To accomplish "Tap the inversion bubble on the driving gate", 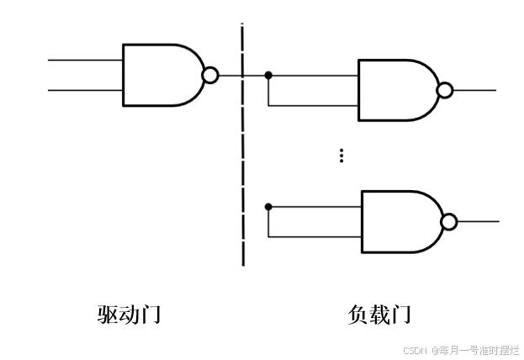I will click(x=210, y=76).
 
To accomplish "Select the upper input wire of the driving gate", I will click(x=85, y=61).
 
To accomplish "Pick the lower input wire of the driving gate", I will click(x=85, y=89).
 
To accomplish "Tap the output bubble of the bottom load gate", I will click(x=449, y=221).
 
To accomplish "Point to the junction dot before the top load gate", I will click(x=268, y=76).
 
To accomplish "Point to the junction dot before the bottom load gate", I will click(x=268, y=206).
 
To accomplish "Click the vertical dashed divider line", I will click(x=243, y=168).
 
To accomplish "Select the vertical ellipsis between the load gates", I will click(x=341, y=156).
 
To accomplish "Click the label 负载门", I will click(x=379, y=315).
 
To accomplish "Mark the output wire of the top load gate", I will click(x=475, y=90).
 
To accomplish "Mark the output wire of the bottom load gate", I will click(x=479, y=221).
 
